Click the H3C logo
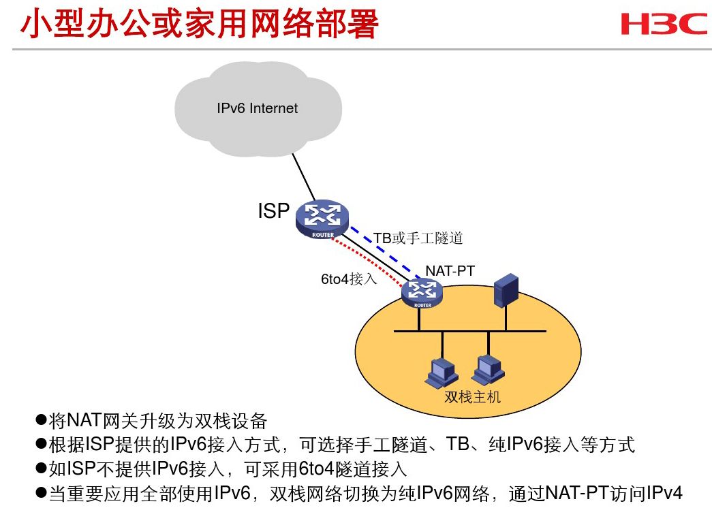click(664, 24)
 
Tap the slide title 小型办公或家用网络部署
click(200, 25)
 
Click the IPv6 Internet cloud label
click(257, 108)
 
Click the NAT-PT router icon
click(422, 293)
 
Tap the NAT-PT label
click(450, 271)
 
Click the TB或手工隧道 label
click(418, 238)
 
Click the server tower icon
click(506, 289)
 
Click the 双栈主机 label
click(472, 397)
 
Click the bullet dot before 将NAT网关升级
click(41, 420)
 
